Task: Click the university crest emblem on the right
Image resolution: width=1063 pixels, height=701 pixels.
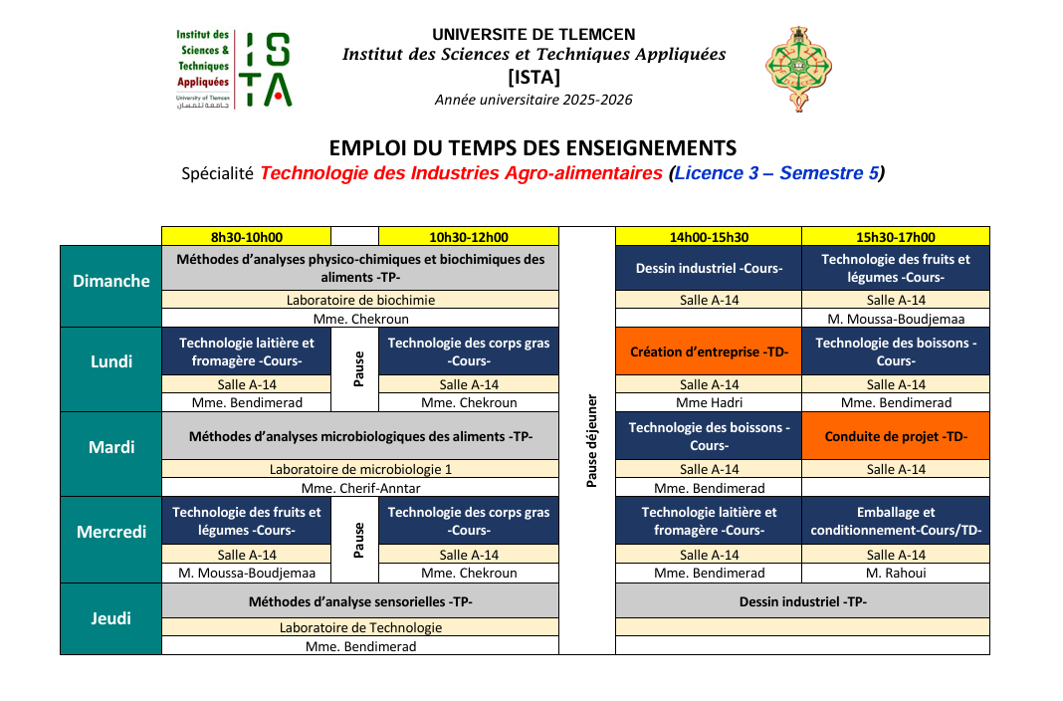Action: [x=797, y=69]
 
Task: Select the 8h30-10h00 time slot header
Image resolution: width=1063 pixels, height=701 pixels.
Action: [x=246, y=237]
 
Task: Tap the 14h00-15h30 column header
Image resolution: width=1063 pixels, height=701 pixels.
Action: [x=709, y=237]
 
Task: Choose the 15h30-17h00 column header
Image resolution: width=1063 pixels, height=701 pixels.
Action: [x=896, y=237]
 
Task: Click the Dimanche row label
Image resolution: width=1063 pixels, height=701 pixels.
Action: [x=111, y=281]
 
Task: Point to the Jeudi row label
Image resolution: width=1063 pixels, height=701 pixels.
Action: [x=111, y=618]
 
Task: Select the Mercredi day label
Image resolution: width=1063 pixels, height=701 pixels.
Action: [x=111, y=532]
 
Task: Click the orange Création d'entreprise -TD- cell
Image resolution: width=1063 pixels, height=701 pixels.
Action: [x=709, y=351]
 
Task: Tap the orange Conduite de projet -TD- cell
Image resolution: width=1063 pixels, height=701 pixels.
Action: [x=896, y=436]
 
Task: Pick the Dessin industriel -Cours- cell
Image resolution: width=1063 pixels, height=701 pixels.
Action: [x=709, y=268]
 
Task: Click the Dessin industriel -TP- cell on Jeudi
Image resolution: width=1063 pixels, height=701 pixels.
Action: [x=802, y=601]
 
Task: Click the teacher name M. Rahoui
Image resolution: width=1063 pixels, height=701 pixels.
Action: [x=896, y=573]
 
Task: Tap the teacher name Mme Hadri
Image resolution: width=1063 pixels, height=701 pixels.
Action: [x=709, y=403]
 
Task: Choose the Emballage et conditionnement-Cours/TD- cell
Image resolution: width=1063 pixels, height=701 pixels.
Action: [x=896, y=522]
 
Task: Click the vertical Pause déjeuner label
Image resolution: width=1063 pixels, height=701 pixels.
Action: [x=591, y=440]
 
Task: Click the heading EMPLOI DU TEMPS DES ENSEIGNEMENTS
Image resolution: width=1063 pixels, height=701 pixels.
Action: [x=532, y=148]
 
